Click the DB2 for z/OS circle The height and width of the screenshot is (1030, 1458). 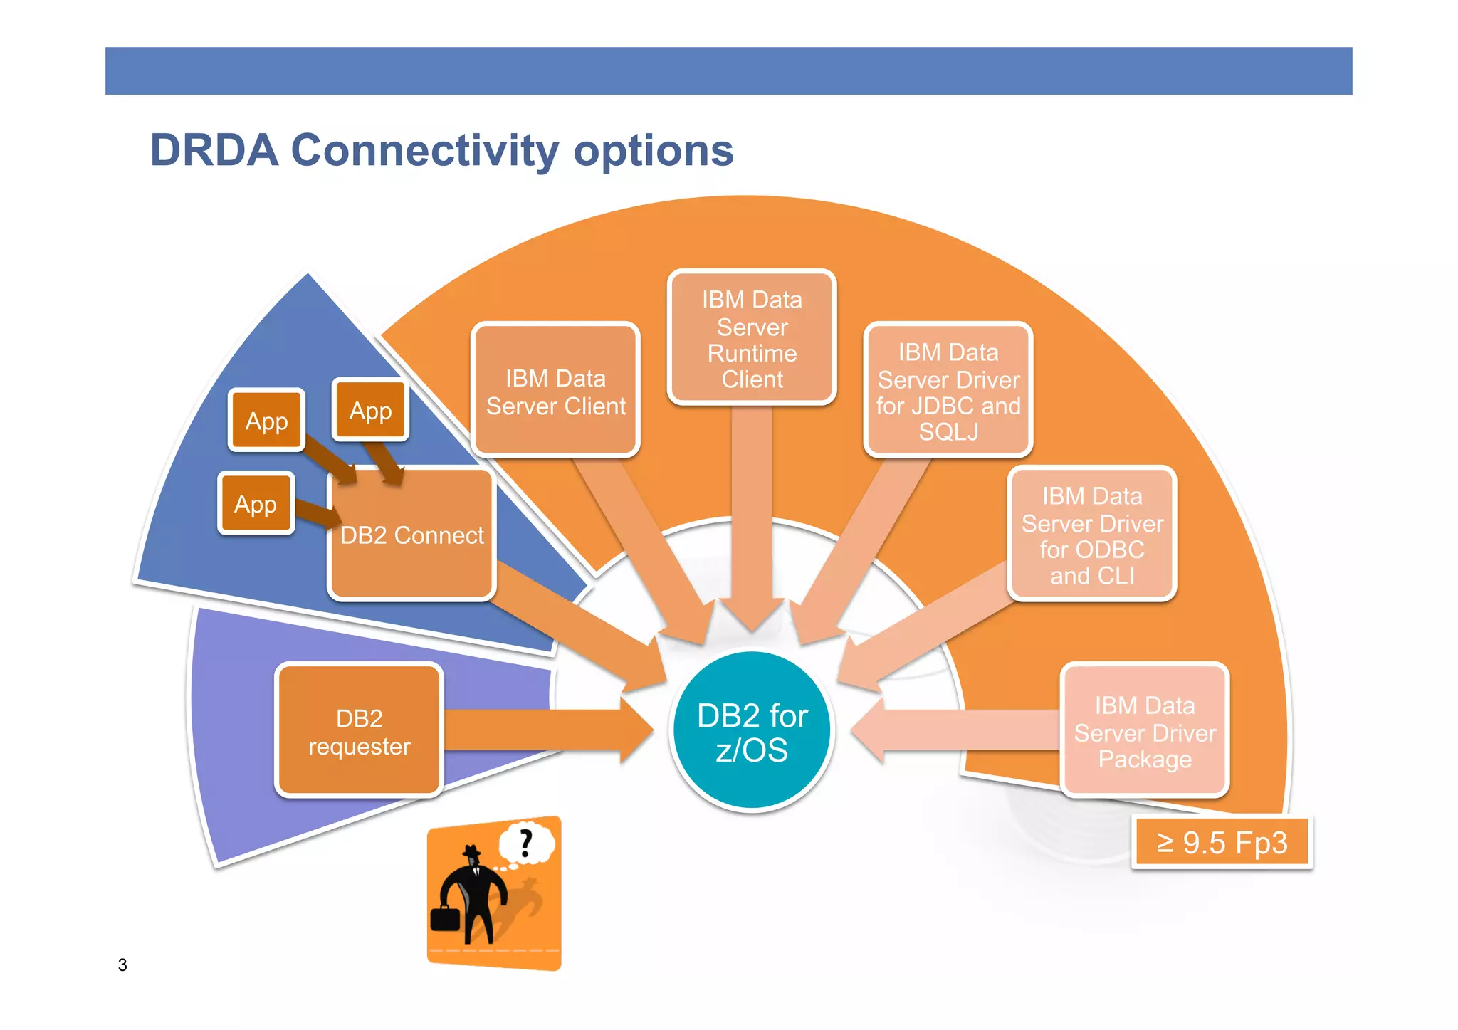(x=752, y=732)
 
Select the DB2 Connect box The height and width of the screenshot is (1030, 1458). (x=411, y=535)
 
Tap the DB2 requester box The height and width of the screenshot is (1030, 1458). (x=359, y=731)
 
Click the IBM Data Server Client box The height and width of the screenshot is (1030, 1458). (x=555, y=390)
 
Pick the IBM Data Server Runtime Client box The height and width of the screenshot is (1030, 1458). (x=752, y=338)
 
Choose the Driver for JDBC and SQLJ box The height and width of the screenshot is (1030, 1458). (x=948, y=391)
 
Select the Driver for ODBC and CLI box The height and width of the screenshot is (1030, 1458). (x=1091, y=535)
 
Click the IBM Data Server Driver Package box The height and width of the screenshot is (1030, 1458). (x=1144, y=731)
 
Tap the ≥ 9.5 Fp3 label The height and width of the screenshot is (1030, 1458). (x=1222, y=843)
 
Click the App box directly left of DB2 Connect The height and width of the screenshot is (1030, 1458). (x=256, y=504)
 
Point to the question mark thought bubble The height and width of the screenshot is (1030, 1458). (x=527, y=844)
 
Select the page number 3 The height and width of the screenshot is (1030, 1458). (x=122, y=965)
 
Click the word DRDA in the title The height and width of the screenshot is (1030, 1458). (x=214, y=150)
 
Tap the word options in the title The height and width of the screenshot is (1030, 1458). (x=653, y=150)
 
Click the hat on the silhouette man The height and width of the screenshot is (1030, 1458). (x=472, y=851)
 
